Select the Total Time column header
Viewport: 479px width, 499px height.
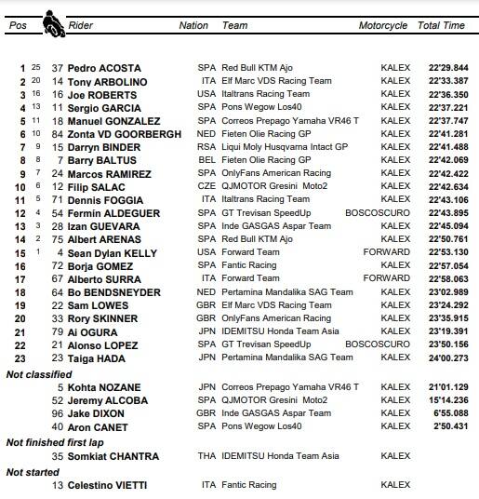(x=441, y=26)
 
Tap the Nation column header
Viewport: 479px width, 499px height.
(x=193, y=26)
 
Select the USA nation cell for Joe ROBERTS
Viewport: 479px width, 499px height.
(x=206, y=94)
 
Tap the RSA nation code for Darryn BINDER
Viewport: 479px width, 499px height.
(x=206, y=147)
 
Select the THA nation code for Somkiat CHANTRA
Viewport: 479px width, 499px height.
(x=206, y=456)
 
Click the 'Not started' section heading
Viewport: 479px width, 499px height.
(x=33, y=472)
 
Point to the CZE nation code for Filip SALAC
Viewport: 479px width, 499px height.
(x=206, y=186)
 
